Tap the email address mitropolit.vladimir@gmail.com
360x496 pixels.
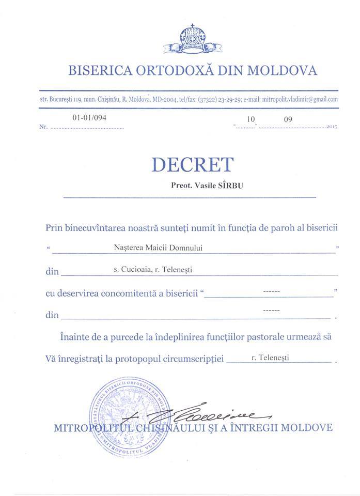(x=302, y=99)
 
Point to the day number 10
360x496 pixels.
(x=251, y=119)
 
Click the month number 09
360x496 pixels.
(x=288, y=119)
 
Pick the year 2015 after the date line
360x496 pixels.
(x=332, y=127)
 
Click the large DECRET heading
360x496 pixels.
(x=192, y=165)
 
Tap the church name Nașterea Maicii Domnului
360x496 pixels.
(x=158, y=247)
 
